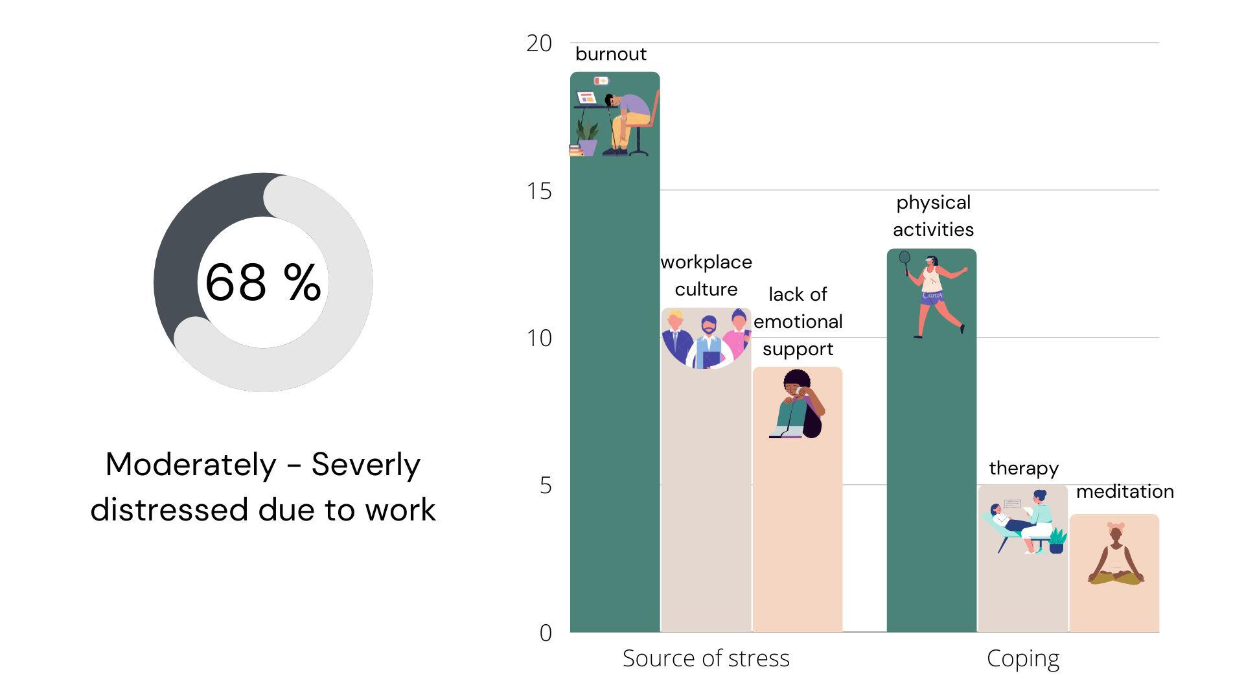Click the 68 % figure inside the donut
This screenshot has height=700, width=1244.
pos(262,283)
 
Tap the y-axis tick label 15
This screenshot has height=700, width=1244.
pos(539,191)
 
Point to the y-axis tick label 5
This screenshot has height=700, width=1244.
pos(546,485)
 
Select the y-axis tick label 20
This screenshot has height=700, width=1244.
pos(539,43)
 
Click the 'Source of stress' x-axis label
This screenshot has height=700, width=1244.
pos(706,659)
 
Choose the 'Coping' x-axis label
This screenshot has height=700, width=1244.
pos(1022,659)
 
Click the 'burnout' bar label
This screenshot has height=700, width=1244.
pos(610,54)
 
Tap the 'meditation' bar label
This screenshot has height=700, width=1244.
pos(1125,491)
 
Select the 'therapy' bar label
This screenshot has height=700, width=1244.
pos(1023,468)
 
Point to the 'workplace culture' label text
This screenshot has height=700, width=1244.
pos(706,275)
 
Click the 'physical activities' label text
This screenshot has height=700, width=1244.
pos(933,216)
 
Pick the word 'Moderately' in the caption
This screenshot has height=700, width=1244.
pos(190,465)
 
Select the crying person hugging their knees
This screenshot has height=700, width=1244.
pos(798,404)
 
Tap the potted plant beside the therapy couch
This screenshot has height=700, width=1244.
pos(1057,541)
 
